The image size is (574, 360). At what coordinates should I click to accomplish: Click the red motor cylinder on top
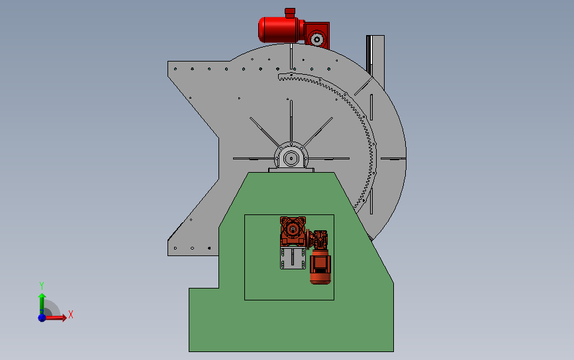tap(281, 29)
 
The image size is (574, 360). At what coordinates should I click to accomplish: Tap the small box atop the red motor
tap(290, 13)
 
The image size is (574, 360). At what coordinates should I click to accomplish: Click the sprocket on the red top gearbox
tap(316, 39)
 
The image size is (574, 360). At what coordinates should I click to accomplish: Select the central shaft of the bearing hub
tap(291, 159)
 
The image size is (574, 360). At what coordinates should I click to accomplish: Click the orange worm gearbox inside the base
tap(293, 230)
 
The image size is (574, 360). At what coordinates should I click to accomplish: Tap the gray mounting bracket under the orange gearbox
tap(293, 258)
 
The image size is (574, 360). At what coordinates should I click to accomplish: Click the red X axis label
tap(71, 314)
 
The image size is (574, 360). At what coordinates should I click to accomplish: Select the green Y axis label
tap(41, 286)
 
